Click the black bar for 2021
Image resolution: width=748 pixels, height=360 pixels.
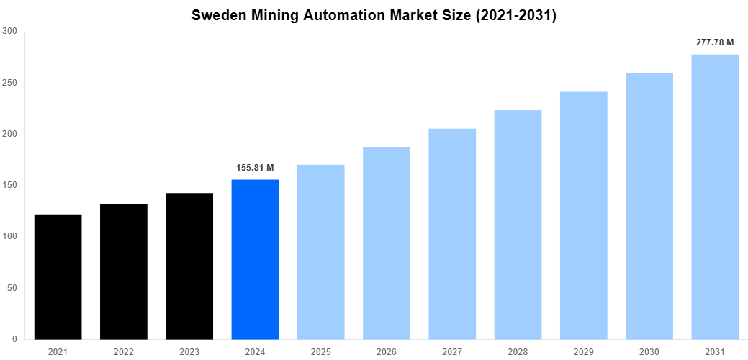58,276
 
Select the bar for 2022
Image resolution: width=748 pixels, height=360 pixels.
123,271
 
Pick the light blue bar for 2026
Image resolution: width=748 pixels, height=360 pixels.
387,243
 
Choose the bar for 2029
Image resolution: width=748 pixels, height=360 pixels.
584,215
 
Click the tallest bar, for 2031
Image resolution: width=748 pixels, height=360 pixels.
715,197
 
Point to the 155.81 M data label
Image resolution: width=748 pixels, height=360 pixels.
255,168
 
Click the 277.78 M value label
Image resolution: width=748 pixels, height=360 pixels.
715,42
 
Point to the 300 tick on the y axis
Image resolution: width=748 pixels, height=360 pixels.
10,31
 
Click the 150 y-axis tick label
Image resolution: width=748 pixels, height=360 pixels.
10,185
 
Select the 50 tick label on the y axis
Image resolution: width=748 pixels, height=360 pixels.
12,288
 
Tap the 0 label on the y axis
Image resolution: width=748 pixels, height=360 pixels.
15,339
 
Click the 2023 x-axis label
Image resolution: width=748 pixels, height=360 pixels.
189,351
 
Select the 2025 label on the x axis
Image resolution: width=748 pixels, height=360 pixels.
320,351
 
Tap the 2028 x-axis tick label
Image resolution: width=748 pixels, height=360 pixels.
518,351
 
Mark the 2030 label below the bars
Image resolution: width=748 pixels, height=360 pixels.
649,351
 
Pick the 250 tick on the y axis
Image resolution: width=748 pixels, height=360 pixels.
10,82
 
